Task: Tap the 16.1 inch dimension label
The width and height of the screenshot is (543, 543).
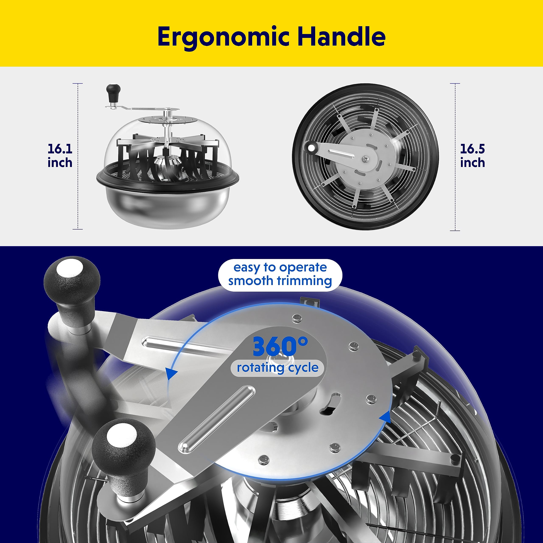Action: tap(60, 155)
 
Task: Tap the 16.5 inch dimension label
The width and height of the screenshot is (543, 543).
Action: tap(472, 155)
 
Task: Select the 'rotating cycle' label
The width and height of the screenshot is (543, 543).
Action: tap(277, 368)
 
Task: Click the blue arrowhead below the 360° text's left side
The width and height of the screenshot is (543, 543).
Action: tap(171, 374)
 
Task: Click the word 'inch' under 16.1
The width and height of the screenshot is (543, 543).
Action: tap(60, 162)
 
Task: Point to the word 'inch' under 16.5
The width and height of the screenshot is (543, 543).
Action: tap(472, 162)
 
